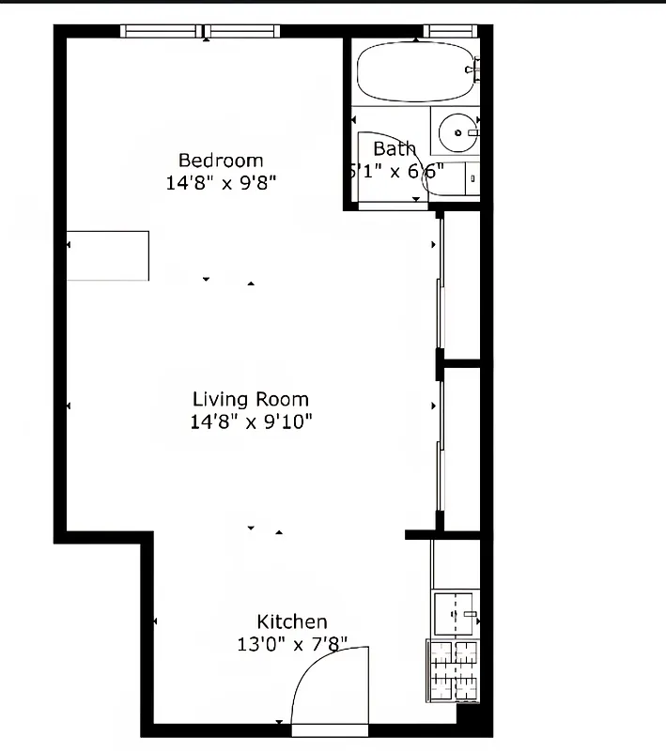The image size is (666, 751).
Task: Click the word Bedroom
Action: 221,161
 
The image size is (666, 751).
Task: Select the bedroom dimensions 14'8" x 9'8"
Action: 221,182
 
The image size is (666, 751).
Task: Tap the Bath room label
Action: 394,149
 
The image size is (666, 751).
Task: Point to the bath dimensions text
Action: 395,172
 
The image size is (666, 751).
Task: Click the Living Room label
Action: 250,400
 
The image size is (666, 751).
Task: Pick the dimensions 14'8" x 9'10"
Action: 250,421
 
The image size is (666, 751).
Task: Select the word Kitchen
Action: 292,621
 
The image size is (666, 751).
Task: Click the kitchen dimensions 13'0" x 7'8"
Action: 292,644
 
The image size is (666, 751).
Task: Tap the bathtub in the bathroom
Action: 414,71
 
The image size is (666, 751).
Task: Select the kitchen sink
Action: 457,614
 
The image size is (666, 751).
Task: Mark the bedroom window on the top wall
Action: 202,31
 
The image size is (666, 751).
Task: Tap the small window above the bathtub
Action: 452,31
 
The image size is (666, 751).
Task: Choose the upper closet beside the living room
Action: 461,285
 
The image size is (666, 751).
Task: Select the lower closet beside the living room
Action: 461,447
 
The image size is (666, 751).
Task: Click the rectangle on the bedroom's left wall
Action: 108,255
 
